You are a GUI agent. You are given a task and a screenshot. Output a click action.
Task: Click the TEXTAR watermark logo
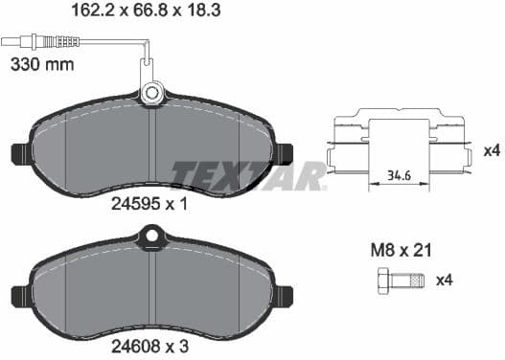click(249, 175)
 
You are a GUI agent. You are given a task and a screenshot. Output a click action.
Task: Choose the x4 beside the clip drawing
click(490, 151)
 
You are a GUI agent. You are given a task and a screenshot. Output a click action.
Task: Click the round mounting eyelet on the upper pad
click(151, 93)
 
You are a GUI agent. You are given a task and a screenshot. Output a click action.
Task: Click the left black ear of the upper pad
click(20, 153)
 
